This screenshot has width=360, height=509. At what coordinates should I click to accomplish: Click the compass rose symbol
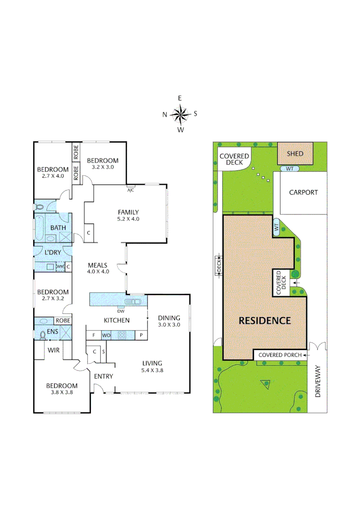180,114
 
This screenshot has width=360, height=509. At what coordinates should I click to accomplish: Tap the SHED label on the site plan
295,154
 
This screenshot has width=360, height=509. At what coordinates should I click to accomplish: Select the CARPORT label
303,192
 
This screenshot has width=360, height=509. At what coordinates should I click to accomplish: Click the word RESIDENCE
264,321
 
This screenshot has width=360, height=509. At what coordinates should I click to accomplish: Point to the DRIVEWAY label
318,381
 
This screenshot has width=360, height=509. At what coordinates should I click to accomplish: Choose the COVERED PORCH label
277,355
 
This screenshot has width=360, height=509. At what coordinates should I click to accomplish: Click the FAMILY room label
128,212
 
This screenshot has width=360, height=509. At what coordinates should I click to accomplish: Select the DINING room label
169,318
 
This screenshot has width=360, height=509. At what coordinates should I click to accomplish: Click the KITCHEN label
116,320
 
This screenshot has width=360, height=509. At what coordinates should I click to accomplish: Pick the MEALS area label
98,265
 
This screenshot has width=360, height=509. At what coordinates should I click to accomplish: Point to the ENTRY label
103,376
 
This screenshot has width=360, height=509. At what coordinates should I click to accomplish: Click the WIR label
53,350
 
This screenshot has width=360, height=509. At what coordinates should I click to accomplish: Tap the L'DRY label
52,253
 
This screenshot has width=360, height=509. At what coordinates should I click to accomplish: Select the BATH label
58,228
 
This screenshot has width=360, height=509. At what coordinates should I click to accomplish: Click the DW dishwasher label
120,311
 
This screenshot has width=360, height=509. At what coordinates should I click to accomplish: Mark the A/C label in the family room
130,191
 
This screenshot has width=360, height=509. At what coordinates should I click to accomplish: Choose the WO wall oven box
106,335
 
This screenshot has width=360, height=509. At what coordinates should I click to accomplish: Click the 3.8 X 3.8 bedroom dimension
61,392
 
